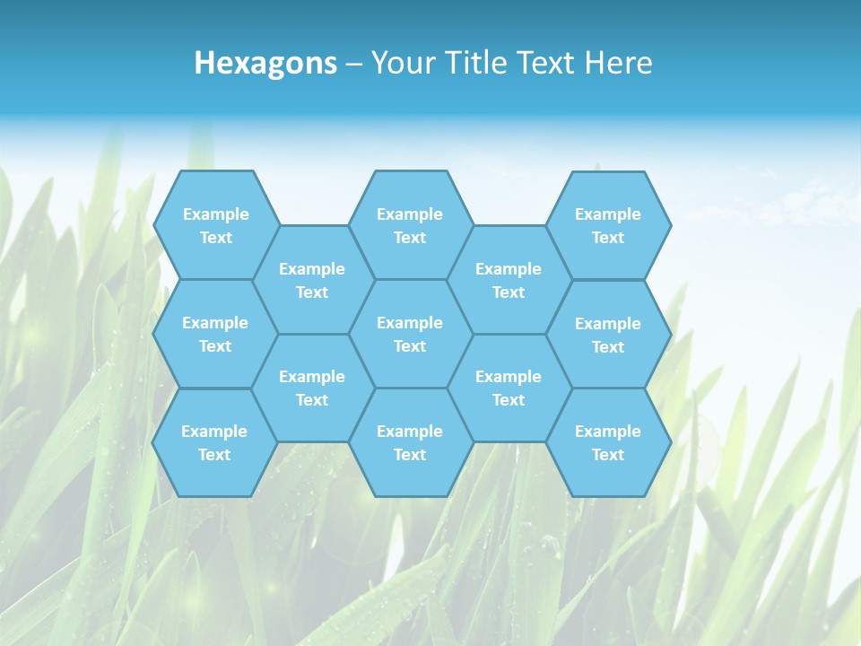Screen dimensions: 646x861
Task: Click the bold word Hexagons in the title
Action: coord(265,63)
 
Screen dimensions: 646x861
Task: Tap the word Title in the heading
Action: coord(474,63)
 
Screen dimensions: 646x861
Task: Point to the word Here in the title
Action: coord(618,63)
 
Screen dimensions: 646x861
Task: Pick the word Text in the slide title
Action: coord(545,63)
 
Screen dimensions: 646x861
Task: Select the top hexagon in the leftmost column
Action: coord(215,225)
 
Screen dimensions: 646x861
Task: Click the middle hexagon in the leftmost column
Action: coord(215,334)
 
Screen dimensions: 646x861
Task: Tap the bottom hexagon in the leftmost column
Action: coord(215,442)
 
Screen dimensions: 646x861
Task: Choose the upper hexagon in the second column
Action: coord(312,280)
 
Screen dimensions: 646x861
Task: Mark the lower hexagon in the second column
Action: coord(312,388)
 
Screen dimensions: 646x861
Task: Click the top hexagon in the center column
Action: coord(410,225)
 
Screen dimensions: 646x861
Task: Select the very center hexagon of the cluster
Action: coord(410,334)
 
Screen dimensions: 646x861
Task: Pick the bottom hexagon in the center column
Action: coord(410,442)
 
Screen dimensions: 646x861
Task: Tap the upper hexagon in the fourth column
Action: coord(509,280)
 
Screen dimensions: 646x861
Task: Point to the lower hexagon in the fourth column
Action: coord(509,388)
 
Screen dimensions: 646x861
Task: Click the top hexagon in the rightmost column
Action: coord(608,225)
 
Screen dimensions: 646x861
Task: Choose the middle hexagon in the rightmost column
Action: coord(608,335)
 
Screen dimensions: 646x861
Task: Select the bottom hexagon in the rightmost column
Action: coord(608,442)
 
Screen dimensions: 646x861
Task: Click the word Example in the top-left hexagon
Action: coord(215,214)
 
